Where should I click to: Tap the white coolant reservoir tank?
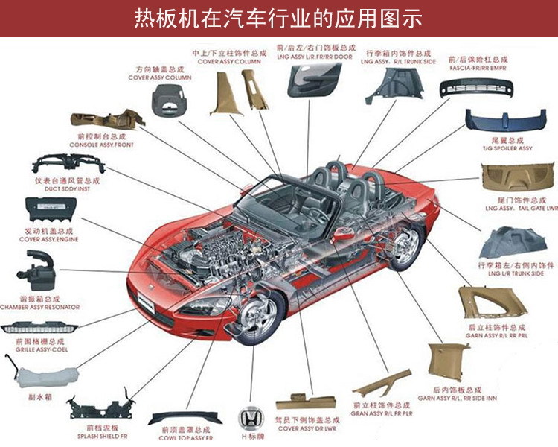(33, 372)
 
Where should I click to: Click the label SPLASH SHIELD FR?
(102, 437)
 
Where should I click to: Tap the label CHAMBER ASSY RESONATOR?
(42, 306)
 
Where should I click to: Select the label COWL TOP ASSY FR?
(185, 438)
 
